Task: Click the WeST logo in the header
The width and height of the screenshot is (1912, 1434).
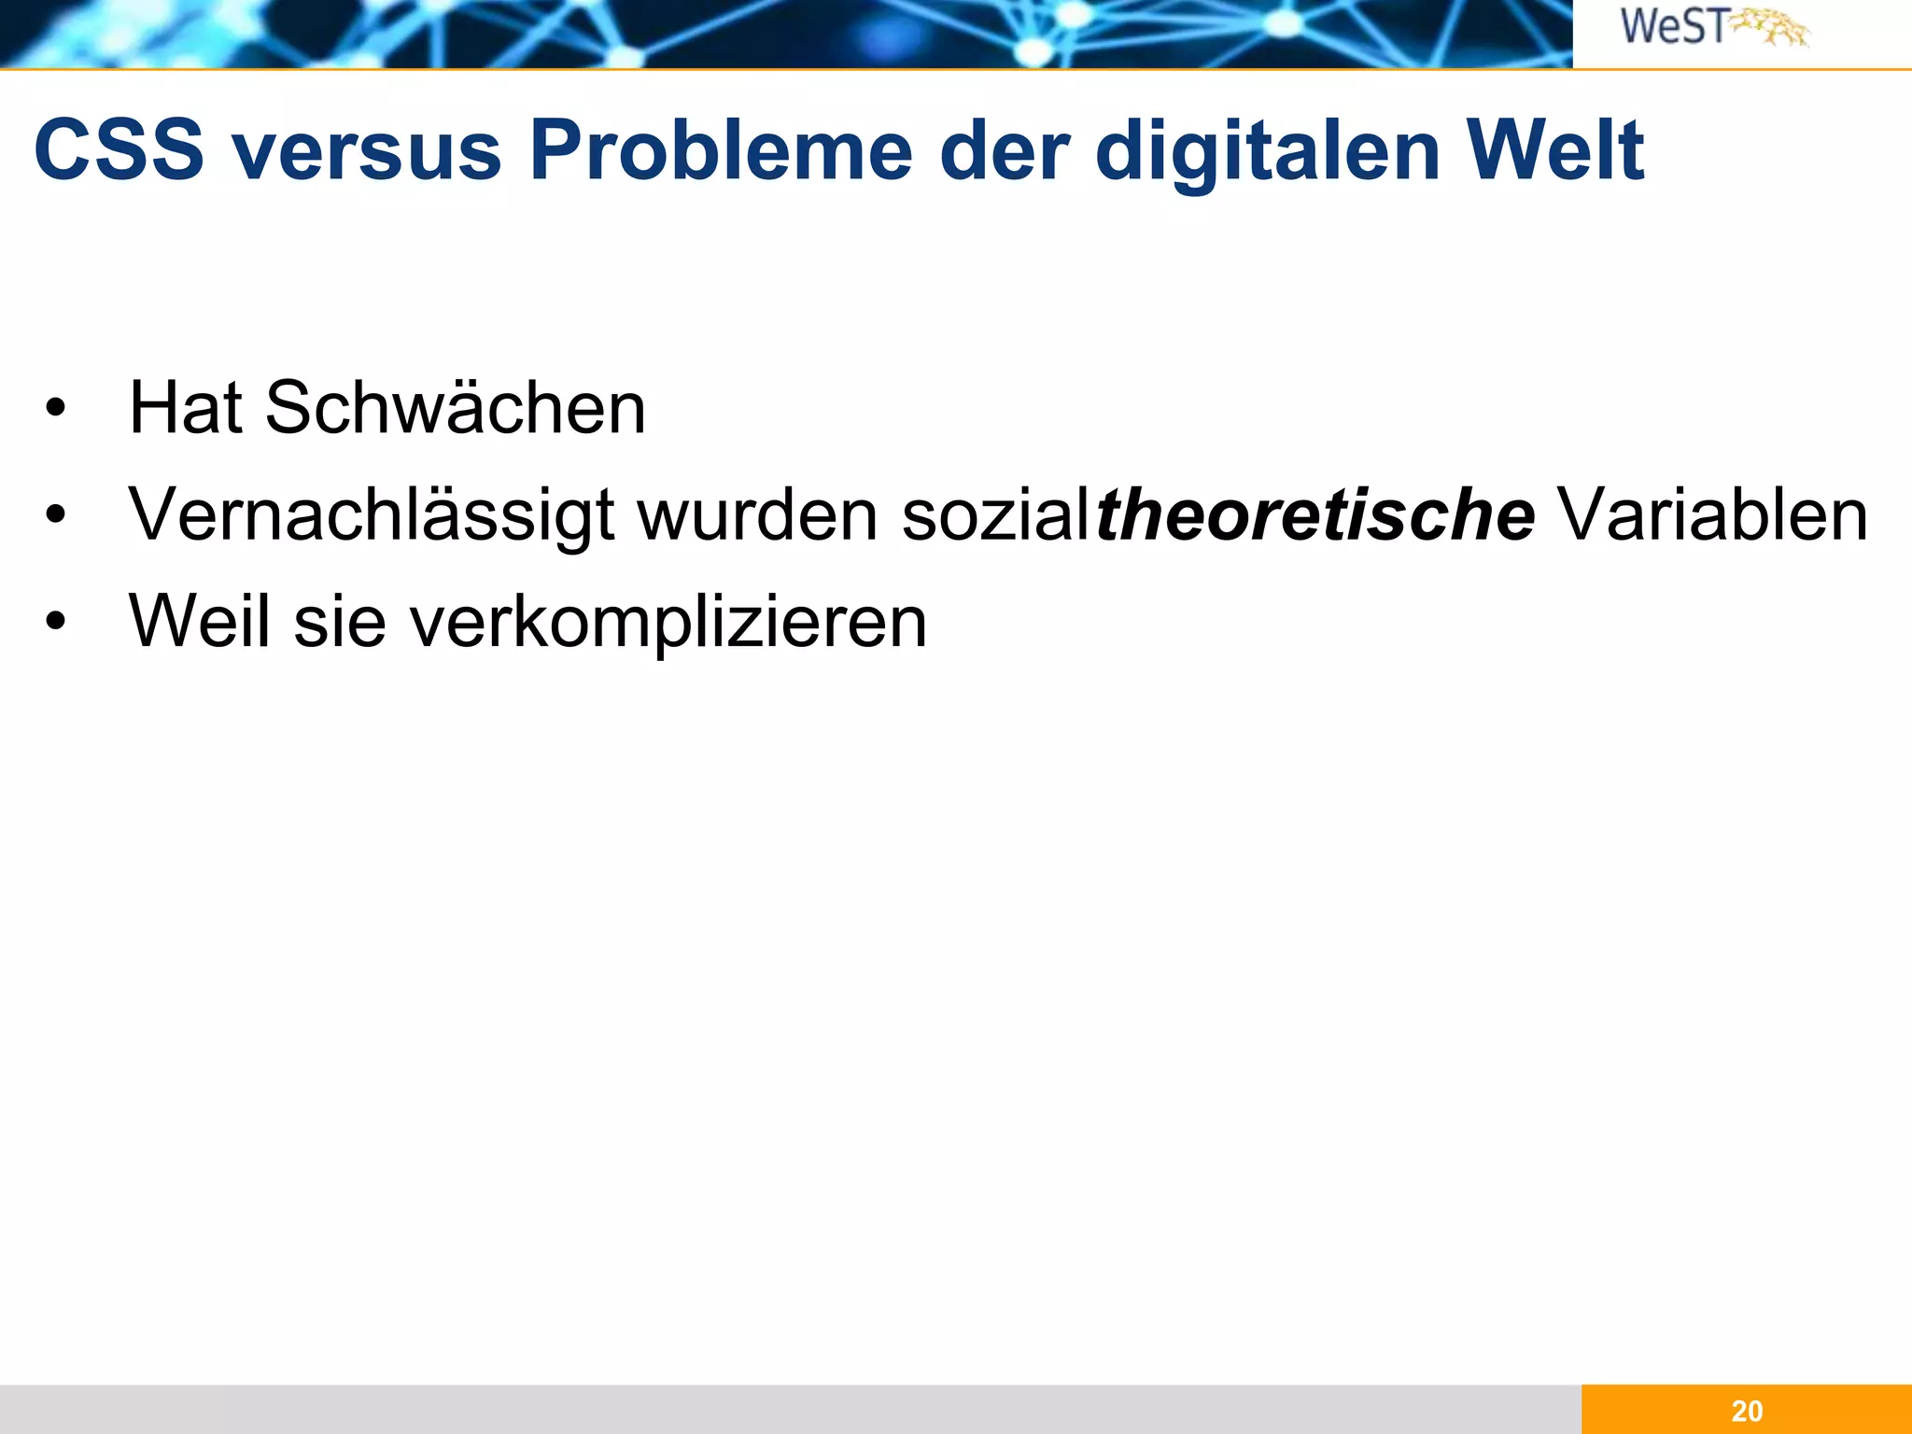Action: pyautogui.click(x=1713, y=27)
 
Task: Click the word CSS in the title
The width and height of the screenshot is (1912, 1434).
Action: pyautogui.click(x=119, y=150)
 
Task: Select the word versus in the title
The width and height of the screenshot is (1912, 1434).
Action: pyautogui.click(x=367, y=150)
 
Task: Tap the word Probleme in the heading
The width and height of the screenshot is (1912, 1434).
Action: pyautogui.click(x=720, y=150)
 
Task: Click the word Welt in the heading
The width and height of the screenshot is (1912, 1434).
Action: pyautogui.click(x=1553, y=150)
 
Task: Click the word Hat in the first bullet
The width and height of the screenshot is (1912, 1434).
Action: pyautogui.click(x=185, y=408)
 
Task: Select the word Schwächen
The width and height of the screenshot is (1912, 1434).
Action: pyautogui.click(x=455, y=408)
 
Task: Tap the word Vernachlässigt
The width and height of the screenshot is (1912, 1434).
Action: pyautogui.click(x=372, y=514)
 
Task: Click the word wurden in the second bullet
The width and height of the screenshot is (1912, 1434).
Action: pyautogui.click(x=757, y=514)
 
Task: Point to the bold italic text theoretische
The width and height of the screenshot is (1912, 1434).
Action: pyautogui.click(x=1314, y=514)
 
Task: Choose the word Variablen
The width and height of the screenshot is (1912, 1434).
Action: pyautogui.click(x=1713, y=514)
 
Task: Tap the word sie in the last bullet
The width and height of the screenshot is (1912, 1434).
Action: pyautogui.click(x=340, y=621)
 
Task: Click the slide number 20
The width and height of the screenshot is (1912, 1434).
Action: pyautogui.click(x=1747, y=1411)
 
